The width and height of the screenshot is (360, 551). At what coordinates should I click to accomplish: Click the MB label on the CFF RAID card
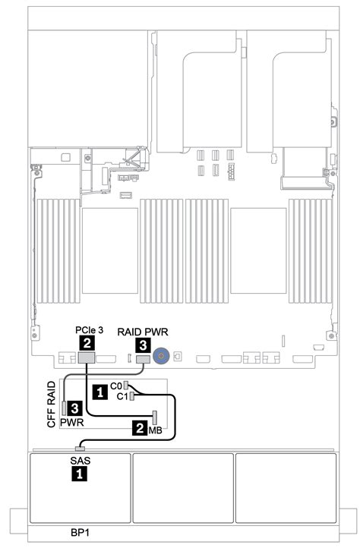[154, 430]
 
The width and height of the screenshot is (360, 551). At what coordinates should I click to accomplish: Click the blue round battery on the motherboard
[160, 354]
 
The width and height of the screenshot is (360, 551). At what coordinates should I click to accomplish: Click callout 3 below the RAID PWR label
[142, 345]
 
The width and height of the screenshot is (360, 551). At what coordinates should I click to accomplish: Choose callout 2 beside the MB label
[139, 429]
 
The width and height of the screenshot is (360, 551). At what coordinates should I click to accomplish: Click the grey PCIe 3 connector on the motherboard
[85, 357]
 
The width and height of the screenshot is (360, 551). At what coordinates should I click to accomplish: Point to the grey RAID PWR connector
[141, 357]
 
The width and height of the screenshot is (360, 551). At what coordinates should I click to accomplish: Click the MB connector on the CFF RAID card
[154, 417]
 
